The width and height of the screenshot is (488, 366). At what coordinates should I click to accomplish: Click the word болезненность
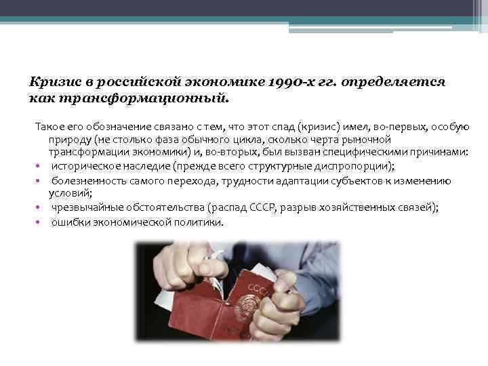[88, 181]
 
